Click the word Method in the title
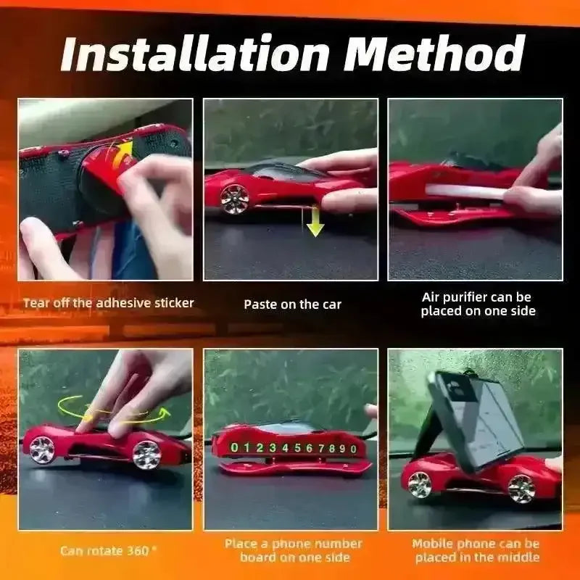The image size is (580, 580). coord(434,52)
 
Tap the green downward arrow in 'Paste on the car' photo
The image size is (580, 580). coord(315,221)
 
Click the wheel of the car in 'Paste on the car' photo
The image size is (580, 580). coord(234,199)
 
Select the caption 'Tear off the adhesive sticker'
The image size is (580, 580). coord(108,303)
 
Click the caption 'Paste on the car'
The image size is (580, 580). coord(293,304)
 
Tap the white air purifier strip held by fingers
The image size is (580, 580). coord(466,191)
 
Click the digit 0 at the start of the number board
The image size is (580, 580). coord(234,447)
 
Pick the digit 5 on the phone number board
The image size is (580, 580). coord(297,448)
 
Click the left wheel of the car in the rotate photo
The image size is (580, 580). coord(42,449)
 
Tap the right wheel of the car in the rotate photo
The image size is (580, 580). coord(147,455)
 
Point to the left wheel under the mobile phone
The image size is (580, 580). coord(420,484)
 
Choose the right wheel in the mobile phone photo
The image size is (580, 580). coord(521,489)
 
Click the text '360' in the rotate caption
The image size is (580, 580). coord(138,551)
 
